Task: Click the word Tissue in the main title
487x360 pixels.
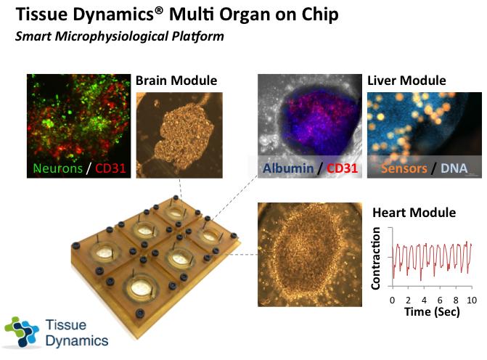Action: click(x=41, y=15)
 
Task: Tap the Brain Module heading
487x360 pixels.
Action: click(x=176, y=81)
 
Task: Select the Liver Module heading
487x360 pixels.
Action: click(x=406, y=81)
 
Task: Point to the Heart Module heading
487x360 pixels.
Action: click(x=414, y=213)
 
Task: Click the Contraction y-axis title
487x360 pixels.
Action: click(x=376, y=258)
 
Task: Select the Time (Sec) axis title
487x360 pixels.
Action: click(x=433, y=311)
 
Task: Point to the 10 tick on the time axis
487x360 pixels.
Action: click(x=471, y=299)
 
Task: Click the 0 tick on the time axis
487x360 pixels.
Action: click(x=392, y=299)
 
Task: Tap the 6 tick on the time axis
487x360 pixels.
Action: click(x=440, y=299)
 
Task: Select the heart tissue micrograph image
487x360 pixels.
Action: click(x=310, y=255)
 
